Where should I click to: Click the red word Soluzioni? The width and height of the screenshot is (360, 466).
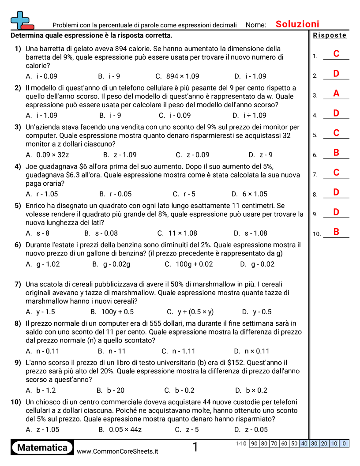pyautogui.click(x=297, y=24)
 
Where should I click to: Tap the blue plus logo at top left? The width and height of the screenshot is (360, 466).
pyautogui.click(x=20, y=20)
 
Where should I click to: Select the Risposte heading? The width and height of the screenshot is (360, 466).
pyautogui.click(x=330, y=35)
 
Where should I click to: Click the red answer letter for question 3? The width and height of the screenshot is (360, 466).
pyautogui.click(x=336, y=94)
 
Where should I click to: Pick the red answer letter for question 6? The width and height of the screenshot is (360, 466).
pyautogui.click(x=336, y=153)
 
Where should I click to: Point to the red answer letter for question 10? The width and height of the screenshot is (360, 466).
pyautogui.click(x=336, y=232)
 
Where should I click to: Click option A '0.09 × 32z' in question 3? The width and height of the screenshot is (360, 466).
pyautogui.click(x=47, y=154)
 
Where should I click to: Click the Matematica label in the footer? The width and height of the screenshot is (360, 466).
pyautogui.click(x=42, y=447)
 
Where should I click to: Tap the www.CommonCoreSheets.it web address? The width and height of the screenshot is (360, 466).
pyautogui.click(x=117, y=451)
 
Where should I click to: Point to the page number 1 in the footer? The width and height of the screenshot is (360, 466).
pyautogui.click(x=195, y=447)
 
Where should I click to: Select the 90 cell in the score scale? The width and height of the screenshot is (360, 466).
pyautogui.click(x=254, y=443)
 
